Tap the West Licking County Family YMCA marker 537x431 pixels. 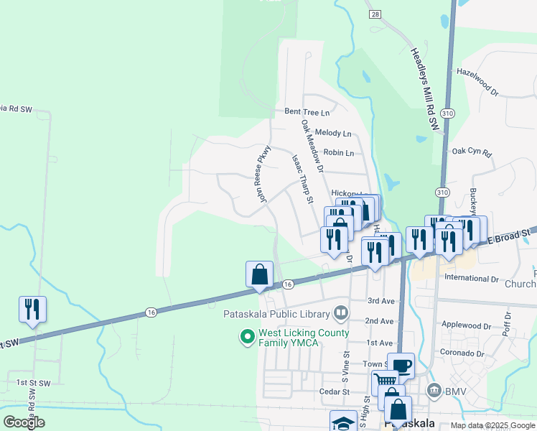point(248,335)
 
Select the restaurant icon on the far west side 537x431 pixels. point(32,309)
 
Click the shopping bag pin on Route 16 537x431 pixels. point(259,274)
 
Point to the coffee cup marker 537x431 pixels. point(401,366)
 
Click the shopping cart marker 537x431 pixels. point(385,382)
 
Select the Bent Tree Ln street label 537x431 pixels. point(307,112)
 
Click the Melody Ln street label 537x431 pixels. point(337,134)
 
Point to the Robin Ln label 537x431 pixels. point(339,153)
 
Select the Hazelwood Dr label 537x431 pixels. point(477,83)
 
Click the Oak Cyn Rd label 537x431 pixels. point(471,152)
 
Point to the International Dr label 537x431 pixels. point(472,277)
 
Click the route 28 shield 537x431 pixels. point(375,14)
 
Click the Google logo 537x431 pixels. point(24,422)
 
